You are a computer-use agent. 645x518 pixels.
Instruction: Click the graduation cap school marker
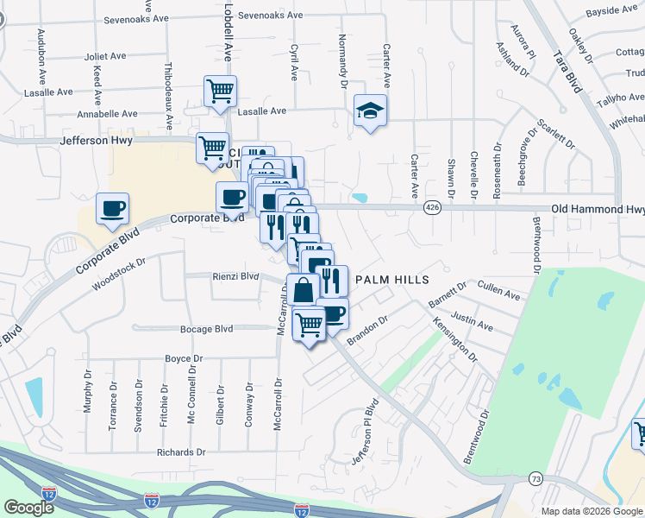pos(370,111)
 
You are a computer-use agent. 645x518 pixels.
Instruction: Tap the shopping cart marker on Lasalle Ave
pos(220,90)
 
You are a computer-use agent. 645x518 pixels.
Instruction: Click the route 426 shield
pos(432,208)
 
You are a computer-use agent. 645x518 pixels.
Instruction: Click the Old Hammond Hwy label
pos(598,209)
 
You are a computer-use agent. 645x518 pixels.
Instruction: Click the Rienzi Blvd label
pos(235,276)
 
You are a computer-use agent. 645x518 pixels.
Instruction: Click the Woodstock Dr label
pos(119,273)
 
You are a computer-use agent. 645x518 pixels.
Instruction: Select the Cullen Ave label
pos(498,290)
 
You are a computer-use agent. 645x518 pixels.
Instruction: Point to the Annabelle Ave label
pos(107,113)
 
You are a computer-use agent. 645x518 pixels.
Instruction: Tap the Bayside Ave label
pos(611,10)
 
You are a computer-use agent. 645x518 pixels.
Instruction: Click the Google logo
pos(29,508)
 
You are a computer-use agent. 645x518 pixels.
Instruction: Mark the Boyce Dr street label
pos(183,358)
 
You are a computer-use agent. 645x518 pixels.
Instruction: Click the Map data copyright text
pos(591,511)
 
